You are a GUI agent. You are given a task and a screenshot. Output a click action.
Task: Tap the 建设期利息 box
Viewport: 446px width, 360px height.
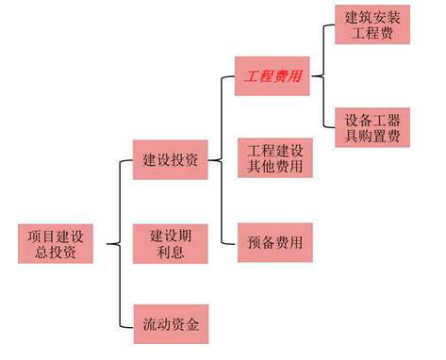pyautogui.click(x=171, y=243)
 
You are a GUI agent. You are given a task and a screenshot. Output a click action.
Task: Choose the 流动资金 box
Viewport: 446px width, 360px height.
pyautogui.click(x=171, y=324)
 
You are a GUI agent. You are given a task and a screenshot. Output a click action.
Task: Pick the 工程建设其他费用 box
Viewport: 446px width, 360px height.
pyautogui.click(x=274, y=159)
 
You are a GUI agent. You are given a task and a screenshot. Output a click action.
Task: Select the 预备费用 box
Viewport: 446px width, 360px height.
pyautogui.click(x=274, y=241)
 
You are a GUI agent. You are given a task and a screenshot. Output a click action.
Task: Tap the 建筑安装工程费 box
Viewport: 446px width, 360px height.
pyautogui.click(x=373, y=25)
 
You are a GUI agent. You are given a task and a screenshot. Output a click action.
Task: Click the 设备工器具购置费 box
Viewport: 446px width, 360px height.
pyautogui.click(x=373, y=127)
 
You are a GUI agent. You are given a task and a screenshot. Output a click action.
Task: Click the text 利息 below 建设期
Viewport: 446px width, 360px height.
pyautogui.click(x=171, y=253)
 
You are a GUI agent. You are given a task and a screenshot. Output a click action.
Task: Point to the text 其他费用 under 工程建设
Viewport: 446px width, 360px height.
pyautogui.click(x=274, y=169)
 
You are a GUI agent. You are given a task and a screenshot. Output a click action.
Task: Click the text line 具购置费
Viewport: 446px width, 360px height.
pyautogui.click(x=373, y=138)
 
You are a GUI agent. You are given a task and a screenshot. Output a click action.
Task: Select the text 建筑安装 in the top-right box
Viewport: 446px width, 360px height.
pyautogui.click(x=373, y=15)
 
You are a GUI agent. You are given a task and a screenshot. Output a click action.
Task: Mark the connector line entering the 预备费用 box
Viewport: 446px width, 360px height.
pyautogui.click(x=229, y=241)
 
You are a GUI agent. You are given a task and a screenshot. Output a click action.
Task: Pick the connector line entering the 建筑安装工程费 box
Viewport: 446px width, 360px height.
pyautogui.click(x=330, y=25)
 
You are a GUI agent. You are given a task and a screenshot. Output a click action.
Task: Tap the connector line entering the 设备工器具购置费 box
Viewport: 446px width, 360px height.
pyautogui.click(x=330, y=127)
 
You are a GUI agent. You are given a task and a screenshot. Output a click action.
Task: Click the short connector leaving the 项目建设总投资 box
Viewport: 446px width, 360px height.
pyautogui.click(x=107, y=243)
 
